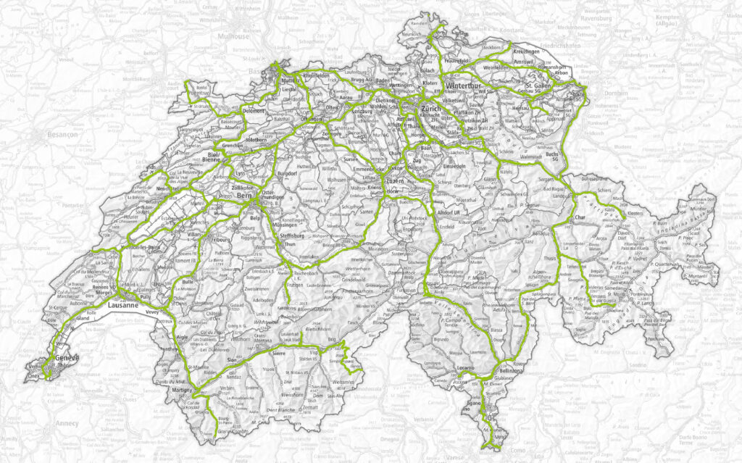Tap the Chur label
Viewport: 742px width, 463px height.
[579, 217]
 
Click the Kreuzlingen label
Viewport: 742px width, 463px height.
[528, 53]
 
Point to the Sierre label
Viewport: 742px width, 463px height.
[278, 347]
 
